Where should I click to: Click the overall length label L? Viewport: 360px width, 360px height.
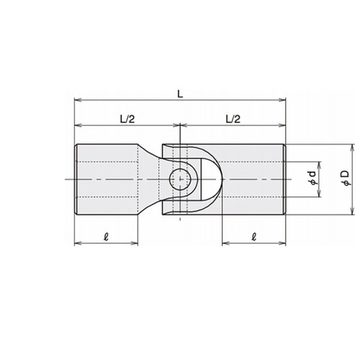(180, 94)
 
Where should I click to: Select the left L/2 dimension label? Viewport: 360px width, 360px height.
(127, 119)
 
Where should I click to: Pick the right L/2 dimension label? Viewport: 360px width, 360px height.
(233, 119)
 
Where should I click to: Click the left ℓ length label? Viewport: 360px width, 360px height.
(106, 237)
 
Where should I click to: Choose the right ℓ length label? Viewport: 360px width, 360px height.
(254, 237)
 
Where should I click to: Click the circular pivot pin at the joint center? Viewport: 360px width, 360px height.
(180, 179)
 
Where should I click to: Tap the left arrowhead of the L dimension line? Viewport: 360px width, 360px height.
(78, 100)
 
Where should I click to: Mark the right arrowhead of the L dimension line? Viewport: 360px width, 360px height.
(282, 100)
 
